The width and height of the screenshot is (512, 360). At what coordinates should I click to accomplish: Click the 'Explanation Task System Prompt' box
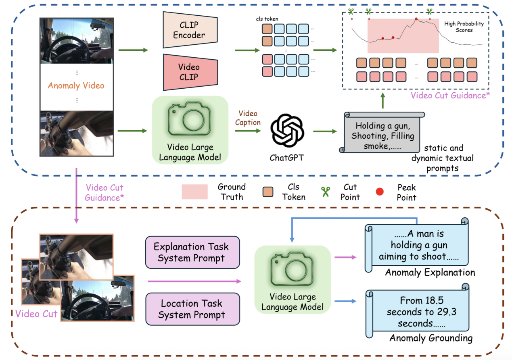coord(192,252)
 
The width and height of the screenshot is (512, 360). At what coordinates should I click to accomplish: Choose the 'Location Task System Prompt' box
coord(192,309)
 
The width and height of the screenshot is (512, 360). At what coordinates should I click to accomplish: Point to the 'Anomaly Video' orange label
coord(76,85)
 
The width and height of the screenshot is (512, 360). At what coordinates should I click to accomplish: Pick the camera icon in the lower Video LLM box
coord(292,270)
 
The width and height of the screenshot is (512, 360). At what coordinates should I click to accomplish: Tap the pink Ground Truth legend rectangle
coord(194,192)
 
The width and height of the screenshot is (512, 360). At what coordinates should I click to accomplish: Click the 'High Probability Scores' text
coord(464,27)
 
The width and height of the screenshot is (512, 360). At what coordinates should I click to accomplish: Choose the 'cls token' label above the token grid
coord(267,19)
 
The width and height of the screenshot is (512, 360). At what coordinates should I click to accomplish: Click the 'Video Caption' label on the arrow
coord(248,118)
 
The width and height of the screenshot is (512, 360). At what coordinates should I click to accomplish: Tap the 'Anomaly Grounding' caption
coord(431,338)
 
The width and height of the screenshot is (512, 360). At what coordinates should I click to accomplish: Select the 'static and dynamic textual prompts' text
coord(443,158)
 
